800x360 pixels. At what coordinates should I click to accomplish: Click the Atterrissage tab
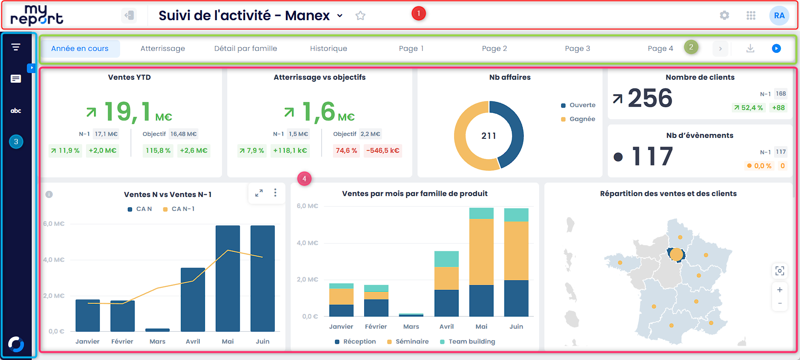click(x=162, y=49)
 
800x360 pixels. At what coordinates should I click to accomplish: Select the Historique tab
click(x=328, y=49)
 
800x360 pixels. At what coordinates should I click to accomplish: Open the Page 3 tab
click(x=577, y=49)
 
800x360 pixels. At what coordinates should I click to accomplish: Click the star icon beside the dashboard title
click(x=360, y=16)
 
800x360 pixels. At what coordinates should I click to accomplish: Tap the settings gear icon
click(x=724, y=15)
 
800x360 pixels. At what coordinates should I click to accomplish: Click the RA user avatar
click(x=779, y=15)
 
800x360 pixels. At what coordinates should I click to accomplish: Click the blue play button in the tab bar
click(x=776, y=49)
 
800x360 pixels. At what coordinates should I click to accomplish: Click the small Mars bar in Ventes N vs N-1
click(x=157, y=330)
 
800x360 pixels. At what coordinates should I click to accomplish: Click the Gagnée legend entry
click(x=582, y=119)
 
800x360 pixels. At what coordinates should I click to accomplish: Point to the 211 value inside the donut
click(x=489, y=136)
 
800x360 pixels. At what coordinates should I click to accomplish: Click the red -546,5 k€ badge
click(x=382, y=150)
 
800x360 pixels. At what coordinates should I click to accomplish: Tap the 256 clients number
click(x=650, y=99)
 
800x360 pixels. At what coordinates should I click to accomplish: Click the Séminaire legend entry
click(x=412, y=341)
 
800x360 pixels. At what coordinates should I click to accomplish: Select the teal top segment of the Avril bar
click(x=446, y=259)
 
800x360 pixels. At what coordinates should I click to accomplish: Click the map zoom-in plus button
click(x=779, y=290)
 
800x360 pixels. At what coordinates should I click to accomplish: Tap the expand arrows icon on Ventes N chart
click(x=259, y=193)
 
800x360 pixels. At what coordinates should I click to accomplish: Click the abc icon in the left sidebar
click(x=16, y=111)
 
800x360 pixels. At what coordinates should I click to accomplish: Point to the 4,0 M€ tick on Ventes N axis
click(x=53, y=260)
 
